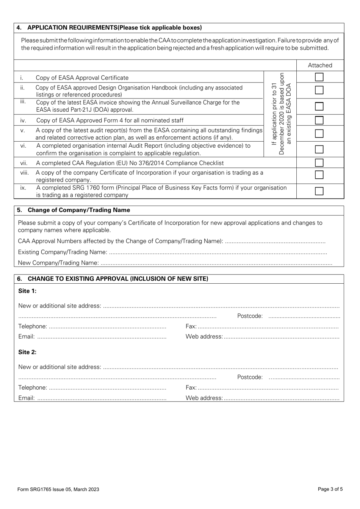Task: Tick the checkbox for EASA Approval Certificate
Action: coord(319,77)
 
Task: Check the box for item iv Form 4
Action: coord(319,120)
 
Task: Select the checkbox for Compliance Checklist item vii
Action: coord(319,163)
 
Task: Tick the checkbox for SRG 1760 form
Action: coord(319,191)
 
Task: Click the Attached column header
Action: coord(320,65)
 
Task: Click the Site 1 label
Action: coord(27,291)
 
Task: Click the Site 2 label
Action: coord(27,352)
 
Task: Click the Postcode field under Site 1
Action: coord(304,316)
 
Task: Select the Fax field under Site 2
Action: coord(268,388)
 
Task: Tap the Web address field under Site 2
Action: coord(281,398)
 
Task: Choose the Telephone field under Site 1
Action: coord(107,326)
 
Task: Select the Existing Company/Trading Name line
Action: coord(218,252)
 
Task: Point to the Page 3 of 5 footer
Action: coord(330,489)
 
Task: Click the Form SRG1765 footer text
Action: coord(58,489)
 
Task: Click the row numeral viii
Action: coord(24,173)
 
